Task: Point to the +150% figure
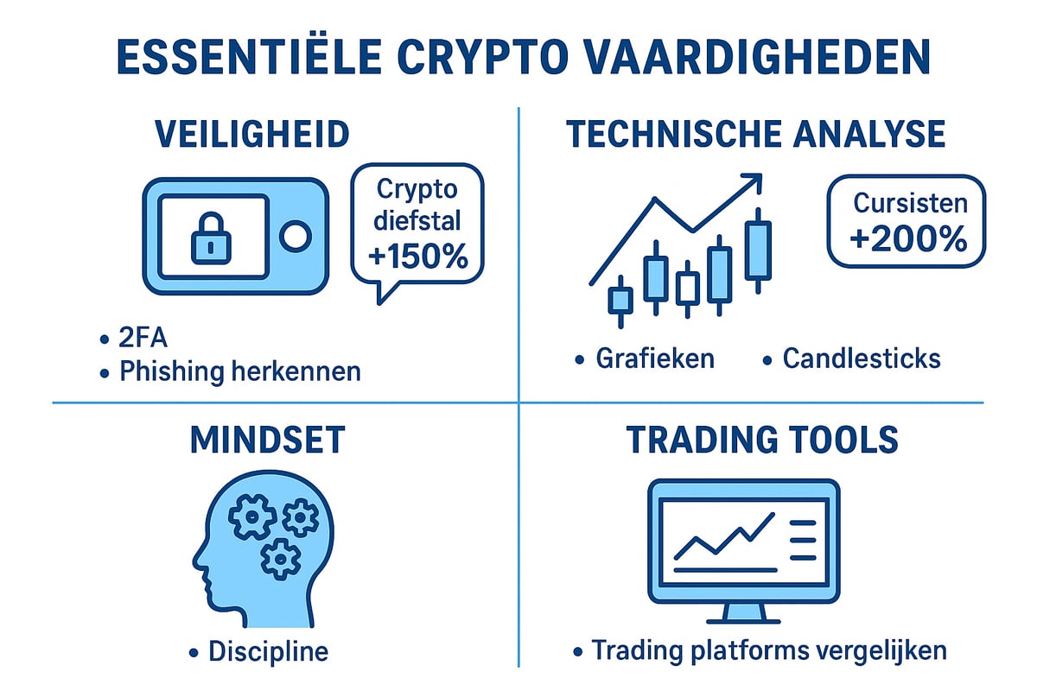point(417,257)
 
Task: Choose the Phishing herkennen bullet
point(239,372)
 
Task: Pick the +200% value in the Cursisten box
point(907,240)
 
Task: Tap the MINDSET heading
point(266,441)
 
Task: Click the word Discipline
point(269,651)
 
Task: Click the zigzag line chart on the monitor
point(724,536)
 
